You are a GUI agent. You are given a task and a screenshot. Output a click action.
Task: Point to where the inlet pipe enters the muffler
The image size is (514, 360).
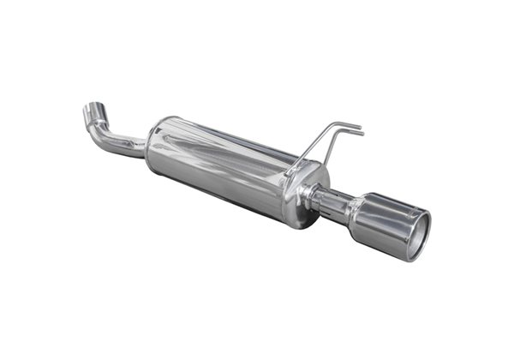147,148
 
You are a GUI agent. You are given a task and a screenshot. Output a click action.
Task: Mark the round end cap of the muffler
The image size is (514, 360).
310,197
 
